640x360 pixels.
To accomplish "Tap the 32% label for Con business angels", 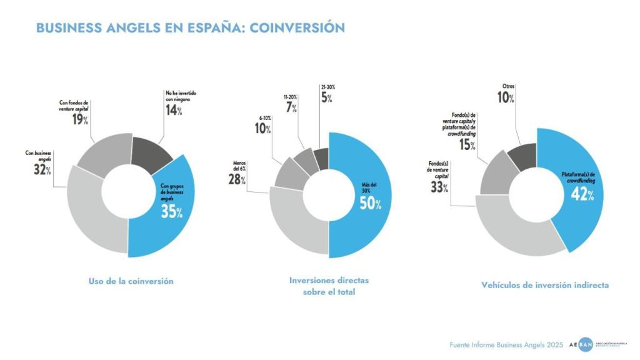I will [42, 169].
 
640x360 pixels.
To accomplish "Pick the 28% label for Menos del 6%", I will [236, 179].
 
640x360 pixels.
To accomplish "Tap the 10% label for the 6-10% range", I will [263, 128].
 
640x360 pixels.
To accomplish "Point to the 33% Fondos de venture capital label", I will [439, 186].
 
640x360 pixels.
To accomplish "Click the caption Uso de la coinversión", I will [131, 281].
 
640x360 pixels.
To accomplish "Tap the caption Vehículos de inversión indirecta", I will [544, 285].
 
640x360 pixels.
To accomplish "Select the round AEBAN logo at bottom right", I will [585, 345].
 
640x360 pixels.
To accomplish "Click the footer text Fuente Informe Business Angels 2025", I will [506, 345].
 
